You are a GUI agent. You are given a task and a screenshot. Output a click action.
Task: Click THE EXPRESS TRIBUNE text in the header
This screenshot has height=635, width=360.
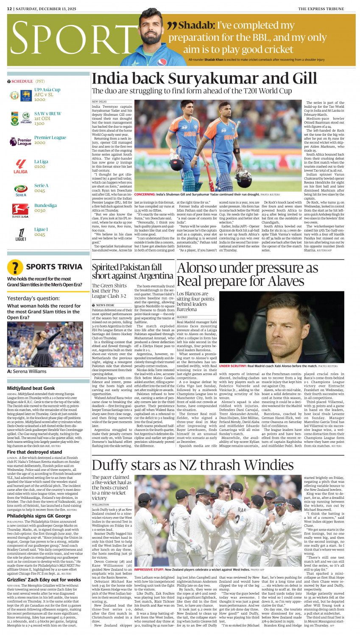(327, 8)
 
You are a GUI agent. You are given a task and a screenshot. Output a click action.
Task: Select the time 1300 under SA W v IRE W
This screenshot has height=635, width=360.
(39, 124)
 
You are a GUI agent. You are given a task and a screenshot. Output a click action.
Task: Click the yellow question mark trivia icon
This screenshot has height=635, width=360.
(15, 267)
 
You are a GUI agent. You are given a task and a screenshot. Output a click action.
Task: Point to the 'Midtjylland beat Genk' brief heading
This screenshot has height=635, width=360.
(31, 388)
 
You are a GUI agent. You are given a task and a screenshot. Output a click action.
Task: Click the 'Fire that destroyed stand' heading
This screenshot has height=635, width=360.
(34, 452)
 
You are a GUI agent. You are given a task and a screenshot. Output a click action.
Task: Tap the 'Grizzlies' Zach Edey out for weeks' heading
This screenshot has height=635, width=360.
(44, 579)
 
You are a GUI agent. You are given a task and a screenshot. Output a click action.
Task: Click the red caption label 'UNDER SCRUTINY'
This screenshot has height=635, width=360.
(232, 366)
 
